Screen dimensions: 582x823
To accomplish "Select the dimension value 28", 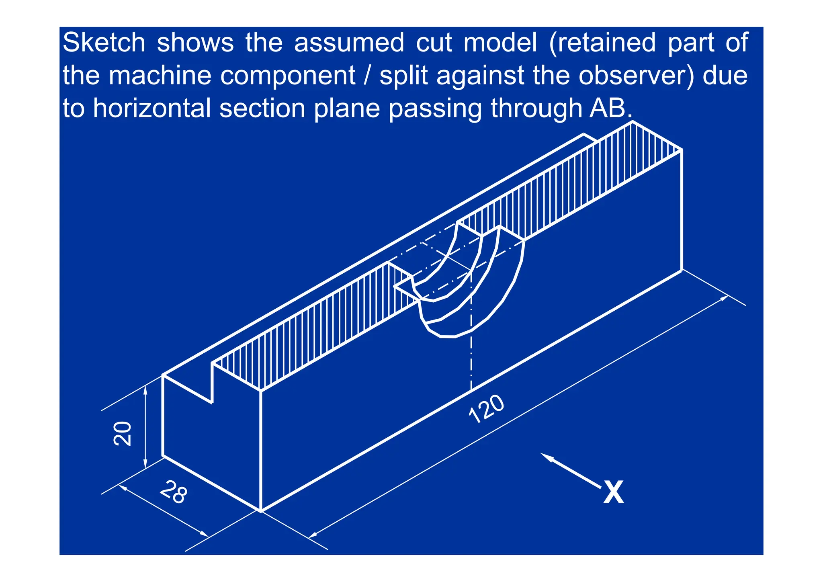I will tap(174, 492).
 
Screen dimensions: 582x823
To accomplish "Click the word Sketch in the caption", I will tap(104, 43).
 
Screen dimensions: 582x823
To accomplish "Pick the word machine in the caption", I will tap(160, 76).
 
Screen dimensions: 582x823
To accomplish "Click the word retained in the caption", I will tap(602, 43).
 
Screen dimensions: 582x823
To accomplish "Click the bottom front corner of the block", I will tap(261, 511).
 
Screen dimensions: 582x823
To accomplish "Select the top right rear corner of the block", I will tap(682, 150).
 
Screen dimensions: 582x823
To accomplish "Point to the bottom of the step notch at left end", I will tap(212, 402).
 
